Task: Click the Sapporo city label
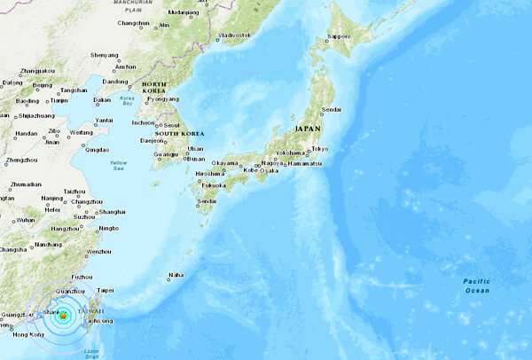click(340, 36)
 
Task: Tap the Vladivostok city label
click(234, 35)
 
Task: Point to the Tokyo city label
click(320, 148)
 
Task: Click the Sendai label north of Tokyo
click(331, 109)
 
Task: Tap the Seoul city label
click(173, 123)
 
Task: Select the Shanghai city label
click(113, 212)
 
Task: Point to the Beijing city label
click(42, 85)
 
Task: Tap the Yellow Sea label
click(118, 166)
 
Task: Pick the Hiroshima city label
click(209, 174)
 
